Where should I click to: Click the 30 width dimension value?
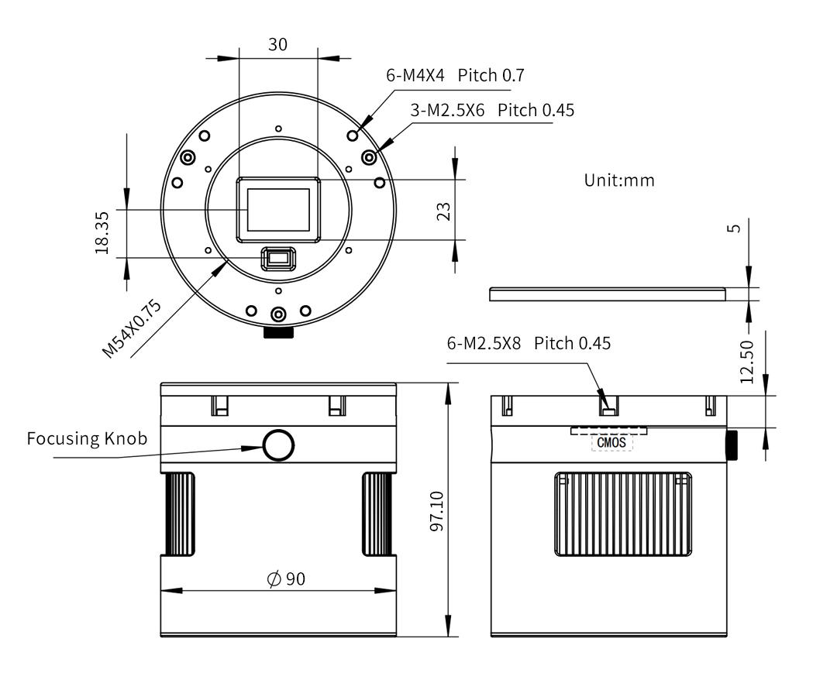(x=277, y=44)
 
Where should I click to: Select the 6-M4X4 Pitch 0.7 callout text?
(x=455, y=75)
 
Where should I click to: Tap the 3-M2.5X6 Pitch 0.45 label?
(x=492, y=110)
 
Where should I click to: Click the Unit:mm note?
(x=618, y=180)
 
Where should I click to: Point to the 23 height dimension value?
(x=444, y=211)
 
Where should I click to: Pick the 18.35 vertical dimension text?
(x=102, y=232)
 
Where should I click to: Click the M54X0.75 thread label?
(x=133, y=328)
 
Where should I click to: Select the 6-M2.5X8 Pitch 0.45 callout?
(x=528, y=342)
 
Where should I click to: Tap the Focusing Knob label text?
(x=86, y=438)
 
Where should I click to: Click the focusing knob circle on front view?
(x=278, y=445)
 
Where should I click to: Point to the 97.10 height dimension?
(x=437, y=510)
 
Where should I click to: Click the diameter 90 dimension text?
(x=286, y=579)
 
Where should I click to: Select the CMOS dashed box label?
(x=612, y=442)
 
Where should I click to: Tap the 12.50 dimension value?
(x=746, y=362)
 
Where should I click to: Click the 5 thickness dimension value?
(x=735, y=227)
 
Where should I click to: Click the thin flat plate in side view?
(x=607, y=294)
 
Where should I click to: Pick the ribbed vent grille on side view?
(x=623, y=514)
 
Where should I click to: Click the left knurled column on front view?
(x=178, y=513)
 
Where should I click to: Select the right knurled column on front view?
(x=379, y=513)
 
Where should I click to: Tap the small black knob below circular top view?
(x=278, y=332)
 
